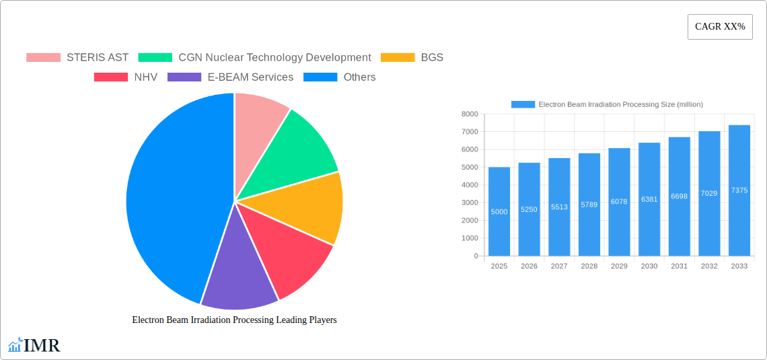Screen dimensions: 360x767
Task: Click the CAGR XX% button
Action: coord(720,27)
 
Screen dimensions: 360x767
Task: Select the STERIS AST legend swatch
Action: coord(43,58)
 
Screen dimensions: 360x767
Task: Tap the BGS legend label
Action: coord(432,58)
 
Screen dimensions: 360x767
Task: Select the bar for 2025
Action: coord(499,211)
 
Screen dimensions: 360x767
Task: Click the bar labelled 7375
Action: coord(739,190)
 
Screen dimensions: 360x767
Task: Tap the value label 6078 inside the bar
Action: coord(619,202)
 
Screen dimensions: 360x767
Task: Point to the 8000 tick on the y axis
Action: coord(469,114)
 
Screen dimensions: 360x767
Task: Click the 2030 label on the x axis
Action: coord(649,266)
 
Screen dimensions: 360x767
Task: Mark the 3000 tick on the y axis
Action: coord(469,203)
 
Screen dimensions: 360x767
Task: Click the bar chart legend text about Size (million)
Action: coord(620,104)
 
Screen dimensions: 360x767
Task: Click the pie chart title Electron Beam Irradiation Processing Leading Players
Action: coord(234,320)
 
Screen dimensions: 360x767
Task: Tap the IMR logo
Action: coord(34,346)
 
